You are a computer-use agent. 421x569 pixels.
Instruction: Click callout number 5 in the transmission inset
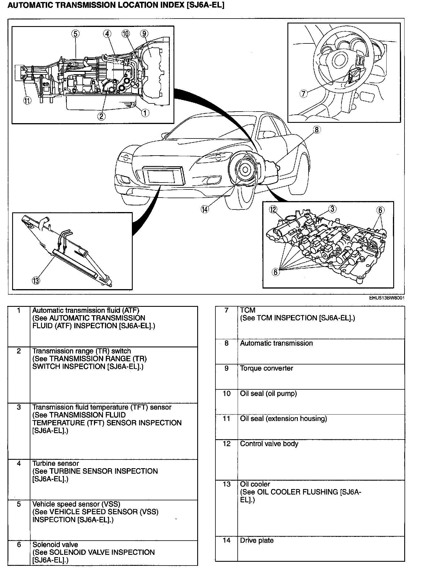[75, 34]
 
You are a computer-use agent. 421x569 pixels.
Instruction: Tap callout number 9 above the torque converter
[144, 34]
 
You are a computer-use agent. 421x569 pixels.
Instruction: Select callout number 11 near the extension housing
[27, 101]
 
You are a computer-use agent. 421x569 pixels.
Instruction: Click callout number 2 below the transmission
[101, 116]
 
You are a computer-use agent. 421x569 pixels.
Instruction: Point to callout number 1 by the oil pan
[145, 113]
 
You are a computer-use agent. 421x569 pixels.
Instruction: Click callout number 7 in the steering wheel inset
[303, 94]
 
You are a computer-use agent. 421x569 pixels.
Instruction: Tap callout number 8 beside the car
[317, 130]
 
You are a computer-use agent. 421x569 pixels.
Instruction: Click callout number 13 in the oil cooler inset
[36, 280]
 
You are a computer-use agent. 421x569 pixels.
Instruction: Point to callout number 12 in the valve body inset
[273, 209]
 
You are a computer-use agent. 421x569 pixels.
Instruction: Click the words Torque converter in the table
[266, 368]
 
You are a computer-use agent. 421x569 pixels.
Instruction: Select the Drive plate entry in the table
[257, 540]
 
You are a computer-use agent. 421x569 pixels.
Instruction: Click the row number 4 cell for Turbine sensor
[19, 464]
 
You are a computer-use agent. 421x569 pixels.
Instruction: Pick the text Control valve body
[269, 444]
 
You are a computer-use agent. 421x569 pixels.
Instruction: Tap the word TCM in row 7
[248, 310]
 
